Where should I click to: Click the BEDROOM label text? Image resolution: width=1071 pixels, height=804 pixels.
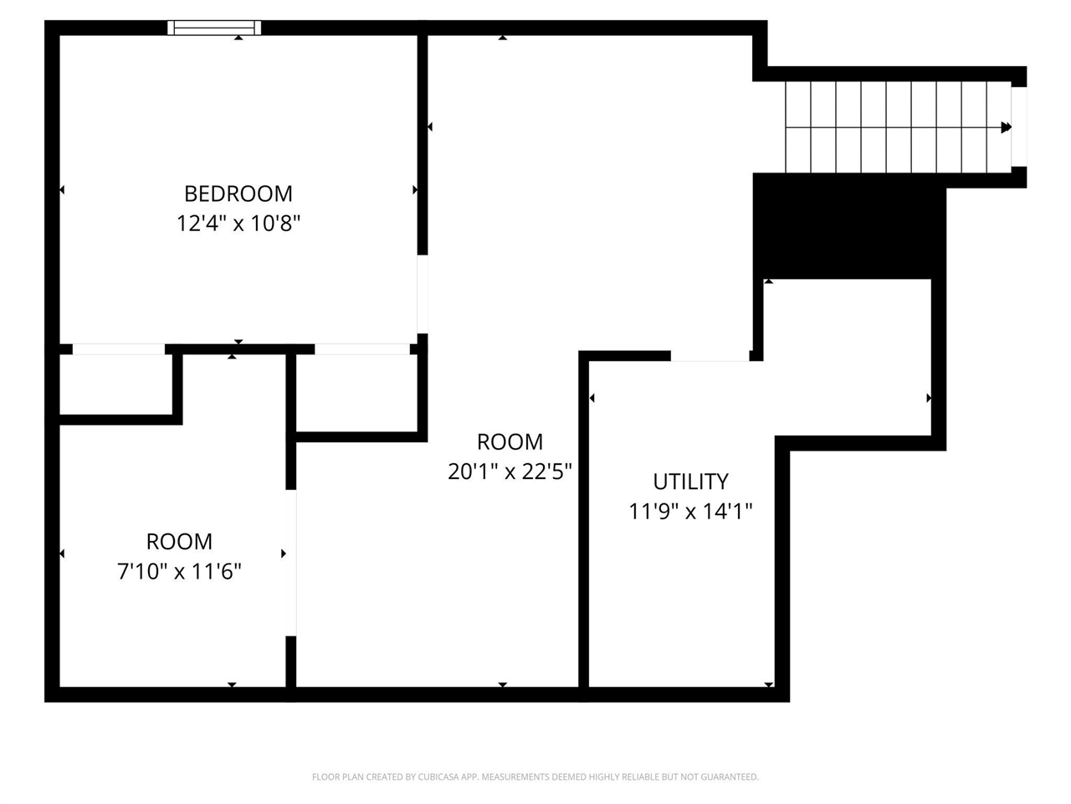(x=238, y=193)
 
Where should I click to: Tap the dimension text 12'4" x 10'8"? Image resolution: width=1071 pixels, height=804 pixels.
(x=238, y=224)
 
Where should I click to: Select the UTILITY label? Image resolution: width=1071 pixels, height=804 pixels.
(x=690, y=482)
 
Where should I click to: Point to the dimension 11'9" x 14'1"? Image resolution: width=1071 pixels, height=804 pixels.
(x=690, y=512)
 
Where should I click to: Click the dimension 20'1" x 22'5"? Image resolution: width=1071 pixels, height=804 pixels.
(x=510, y=472)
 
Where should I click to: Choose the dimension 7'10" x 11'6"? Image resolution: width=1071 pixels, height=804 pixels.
(x=179, y=571)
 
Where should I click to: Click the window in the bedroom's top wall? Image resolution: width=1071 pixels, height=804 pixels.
(x=214, y=28)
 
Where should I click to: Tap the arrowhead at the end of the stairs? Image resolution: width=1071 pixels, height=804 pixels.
(x=1006, y=127)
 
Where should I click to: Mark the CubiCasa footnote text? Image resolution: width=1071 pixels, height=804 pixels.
(x=535, y=776)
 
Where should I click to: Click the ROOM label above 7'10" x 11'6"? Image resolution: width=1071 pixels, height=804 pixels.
(x=179, y=541)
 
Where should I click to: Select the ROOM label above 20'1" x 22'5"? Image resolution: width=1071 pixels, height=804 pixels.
(x=510, y=442)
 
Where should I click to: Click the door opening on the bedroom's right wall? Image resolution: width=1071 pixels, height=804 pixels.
(x=423, y=294)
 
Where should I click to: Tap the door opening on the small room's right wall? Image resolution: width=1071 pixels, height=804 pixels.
(x=291, y=563)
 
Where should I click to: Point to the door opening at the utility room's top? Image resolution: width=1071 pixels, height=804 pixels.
(x=710, y=356)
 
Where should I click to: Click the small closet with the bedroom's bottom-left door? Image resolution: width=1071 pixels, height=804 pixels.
(x=115, y=384)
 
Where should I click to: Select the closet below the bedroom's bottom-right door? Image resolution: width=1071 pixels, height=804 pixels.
(x=356, y=393)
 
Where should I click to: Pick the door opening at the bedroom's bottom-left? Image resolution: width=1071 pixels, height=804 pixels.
(x=119, y=349)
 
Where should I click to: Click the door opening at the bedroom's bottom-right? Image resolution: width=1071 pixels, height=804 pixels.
(x=362, y=349)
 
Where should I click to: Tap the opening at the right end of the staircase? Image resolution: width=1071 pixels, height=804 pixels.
(x=1019, y=127)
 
